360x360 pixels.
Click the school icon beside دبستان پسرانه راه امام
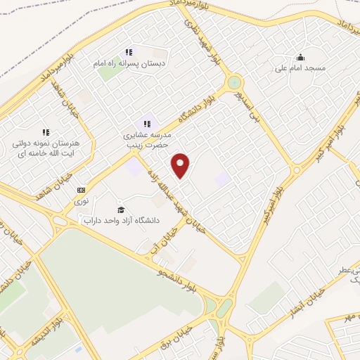(x=129, y=52)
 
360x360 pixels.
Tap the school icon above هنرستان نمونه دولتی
(x=46, y=132)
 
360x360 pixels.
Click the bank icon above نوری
(x=82, y=190)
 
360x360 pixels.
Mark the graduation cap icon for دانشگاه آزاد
(x=121, y=210)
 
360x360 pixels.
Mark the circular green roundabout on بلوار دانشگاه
(x=234, y=82)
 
